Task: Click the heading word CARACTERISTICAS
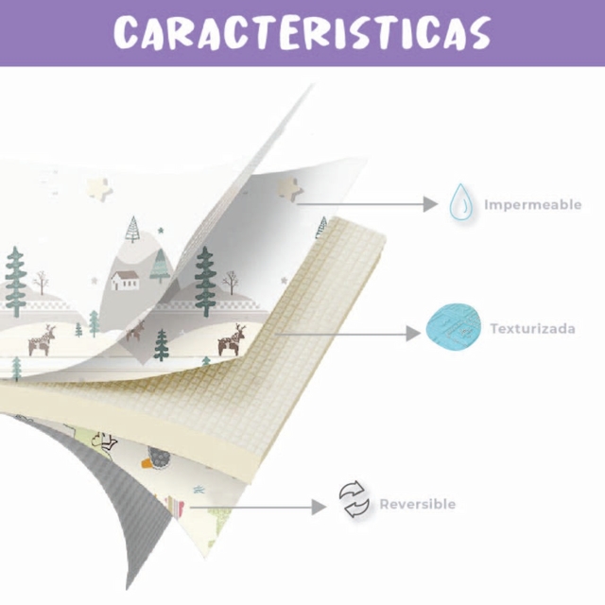pyautogui.click(x=302, y=32)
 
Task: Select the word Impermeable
pyautogui.click(x=532, y=204)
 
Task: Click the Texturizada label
pyautogui.click(x=532, y=329)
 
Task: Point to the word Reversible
pyautogui.click(x=418, y=504)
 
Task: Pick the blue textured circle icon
pyautogui.click(x=454, y=328)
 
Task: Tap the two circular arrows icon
pyautogui.click(x=354, y=499)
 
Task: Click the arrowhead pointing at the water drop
pyautogui.click(x=430, y=204)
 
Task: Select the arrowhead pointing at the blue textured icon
pyautogui.click(x=413, y=334)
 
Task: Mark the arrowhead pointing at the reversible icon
pyautogui.click(x=319, y=507)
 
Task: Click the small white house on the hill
pyautogui.click(x=125, y=280)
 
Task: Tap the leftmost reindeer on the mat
pyautogui.click(x=42, y=340)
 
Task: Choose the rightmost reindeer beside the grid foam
pyautogui.click(x=232, y=339)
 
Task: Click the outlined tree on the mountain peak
pyautogui.click(x=133, y=229)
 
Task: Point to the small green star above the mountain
pyautogui.click(x=161, y=231)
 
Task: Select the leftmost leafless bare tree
pyautogui.click(x=41, y=283)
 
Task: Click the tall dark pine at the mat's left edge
pyautogui.click(x=15, y=282)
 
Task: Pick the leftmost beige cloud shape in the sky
pyautogui.click(x=97, y=189)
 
